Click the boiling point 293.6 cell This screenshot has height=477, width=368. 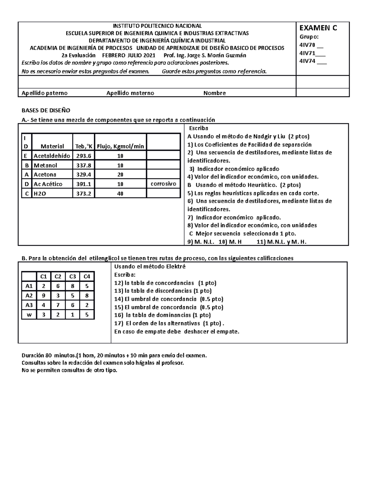[84, 156]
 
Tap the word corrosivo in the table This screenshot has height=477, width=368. [163, 184]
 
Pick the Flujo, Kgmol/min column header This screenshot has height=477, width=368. [121, 146]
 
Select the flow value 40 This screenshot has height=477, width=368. [120, 194]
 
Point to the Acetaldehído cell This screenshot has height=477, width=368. [52, 156]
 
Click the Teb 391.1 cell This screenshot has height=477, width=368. [84, 184]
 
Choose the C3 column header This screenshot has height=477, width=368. [72, 276]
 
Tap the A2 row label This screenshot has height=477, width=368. [29, 295]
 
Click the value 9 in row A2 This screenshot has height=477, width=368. [44, 295]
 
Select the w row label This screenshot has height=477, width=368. [29, 315]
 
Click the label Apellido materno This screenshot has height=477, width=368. [130, 93]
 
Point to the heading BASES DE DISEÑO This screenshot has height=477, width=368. [46, 110]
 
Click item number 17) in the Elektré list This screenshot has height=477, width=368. [118, 323]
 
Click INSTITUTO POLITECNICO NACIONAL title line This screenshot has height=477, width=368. [158, 26]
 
